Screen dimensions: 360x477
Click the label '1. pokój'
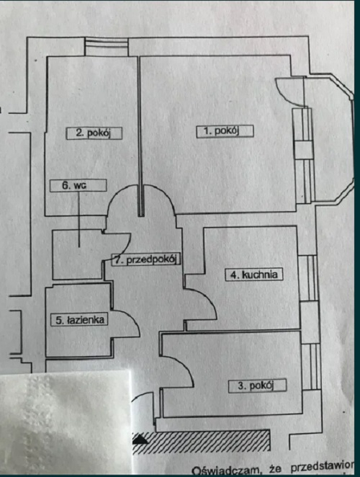coord(225,131)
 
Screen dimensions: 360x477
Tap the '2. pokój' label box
coord(94,133)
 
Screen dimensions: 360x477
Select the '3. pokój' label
coord(257,385)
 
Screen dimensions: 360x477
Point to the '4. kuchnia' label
coord(254,275)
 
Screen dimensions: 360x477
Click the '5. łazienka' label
coord(79,319)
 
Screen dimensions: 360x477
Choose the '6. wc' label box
coord(78,185)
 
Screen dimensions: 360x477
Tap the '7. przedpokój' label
coord(146,259)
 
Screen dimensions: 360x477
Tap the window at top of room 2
coord(106,47)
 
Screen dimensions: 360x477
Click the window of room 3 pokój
coord(311,367)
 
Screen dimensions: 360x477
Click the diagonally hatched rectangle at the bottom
coord(201,441)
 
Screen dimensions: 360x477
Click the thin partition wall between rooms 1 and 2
coord(140,136)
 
